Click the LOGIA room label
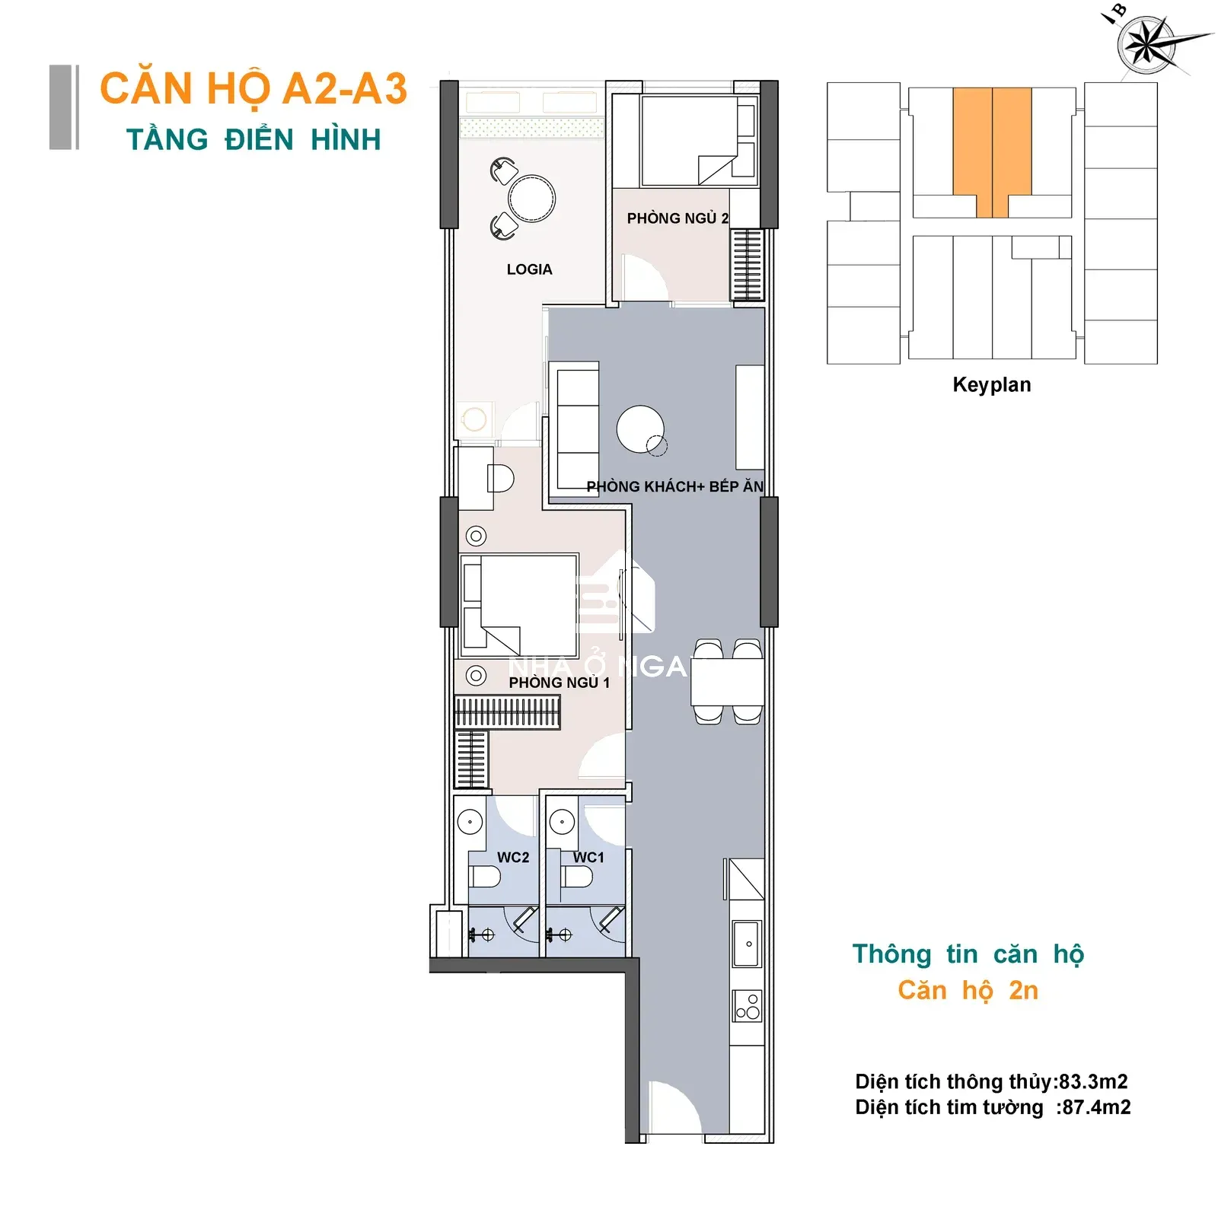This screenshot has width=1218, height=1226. [x=529, y=269]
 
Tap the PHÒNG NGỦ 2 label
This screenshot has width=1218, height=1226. [x=678, y=218]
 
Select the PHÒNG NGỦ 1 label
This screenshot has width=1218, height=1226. [x=559, y=683]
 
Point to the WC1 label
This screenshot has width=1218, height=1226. [x=588, y=858]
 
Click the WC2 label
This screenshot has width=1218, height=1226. [x=513, y=858]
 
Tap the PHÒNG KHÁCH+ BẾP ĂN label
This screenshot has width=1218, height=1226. [x=674, y=487]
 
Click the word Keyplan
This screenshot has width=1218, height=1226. [x=992, y=385]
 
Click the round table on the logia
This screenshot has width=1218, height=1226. [x=532, y=199]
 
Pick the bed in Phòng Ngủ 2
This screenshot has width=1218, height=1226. [x=690, y=141]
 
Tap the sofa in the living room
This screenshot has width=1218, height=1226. [x=578, y=429]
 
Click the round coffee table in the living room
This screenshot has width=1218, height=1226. [x=640, y=429]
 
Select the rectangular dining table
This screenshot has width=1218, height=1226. [x=727, y=682]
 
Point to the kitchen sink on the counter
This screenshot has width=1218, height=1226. [x=747, y=944]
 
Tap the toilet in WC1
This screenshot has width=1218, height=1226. [x=578, y=877]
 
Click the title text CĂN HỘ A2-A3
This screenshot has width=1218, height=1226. [x=253, y=89]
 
